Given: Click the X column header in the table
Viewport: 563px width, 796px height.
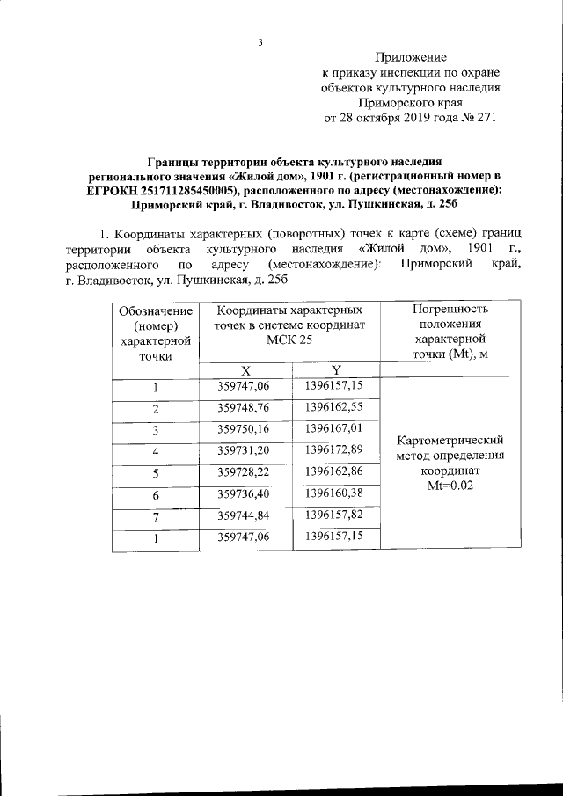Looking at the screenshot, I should pyautogui.click(x=246, y=370).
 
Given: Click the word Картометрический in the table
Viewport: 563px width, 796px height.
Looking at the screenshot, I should pyautogui.click(x=450, y=440).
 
